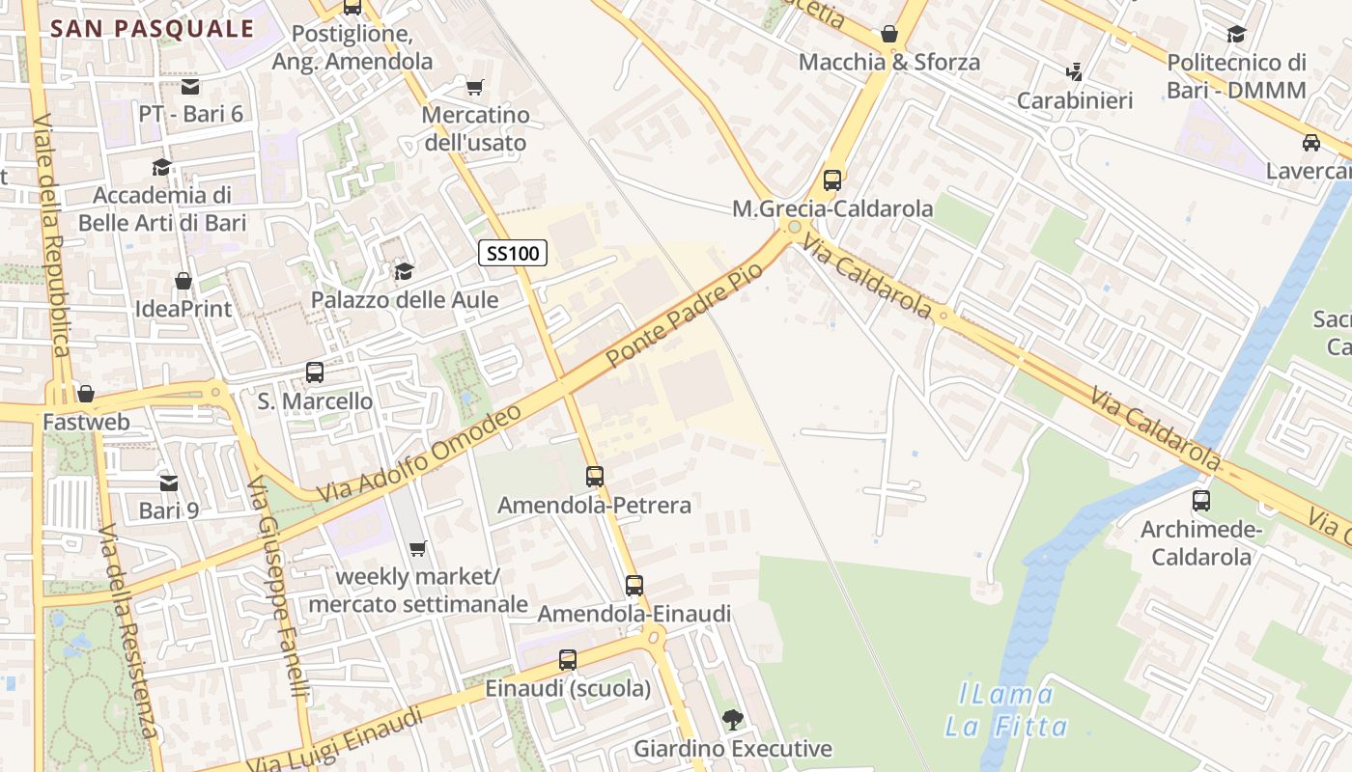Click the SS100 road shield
pyautogui.click(x=513, y=254)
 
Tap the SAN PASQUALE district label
pyautogui.click(x=152, y=28)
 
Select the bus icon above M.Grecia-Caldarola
pyautogui.click(x=831, y=180)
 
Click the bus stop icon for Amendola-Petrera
pyautogui.click(x=595, y=476)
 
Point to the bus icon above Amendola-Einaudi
pyautogui.click(x=634, y=585)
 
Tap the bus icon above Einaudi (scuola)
pyautogui.click(x=568, y=660)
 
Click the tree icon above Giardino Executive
pyautogui.click(x=732, y=719)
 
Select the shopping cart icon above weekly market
pyautogui.click(x=417, y=549)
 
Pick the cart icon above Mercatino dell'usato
pyautogui.click(x=474, y=88)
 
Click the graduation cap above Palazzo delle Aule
pyautogui.click(x=404, y=272)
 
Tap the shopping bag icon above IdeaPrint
pyautogui.click(x=183, y=281)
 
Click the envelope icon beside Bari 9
pyautogui.click(x=169, y=482)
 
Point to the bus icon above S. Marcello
pyautogui.click(x=315, y=372)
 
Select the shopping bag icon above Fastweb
pyautogui.click(x=86, y=394)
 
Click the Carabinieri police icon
pyautogui.click(x=1074, y=71)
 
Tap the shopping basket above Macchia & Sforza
pyautogui.click(x=889, y=34)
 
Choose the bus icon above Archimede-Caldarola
pyautogui.click(x=1201, y=501)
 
